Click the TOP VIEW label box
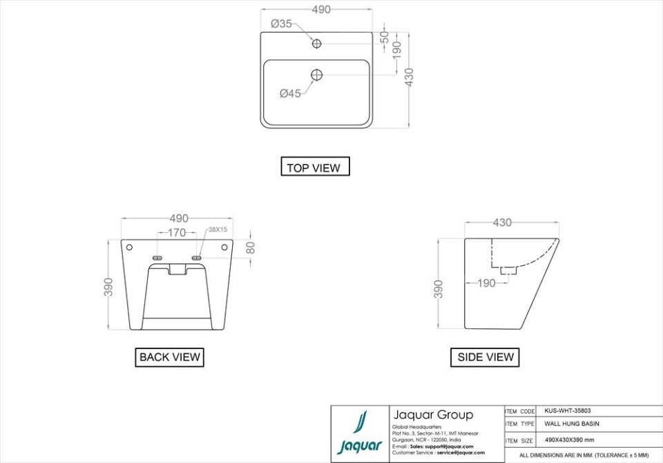tap(314, 167)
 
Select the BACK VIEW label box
tap(170, 357)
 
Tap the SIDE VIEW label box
tap(486, 357)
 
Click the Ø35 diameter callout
tap(281, 23)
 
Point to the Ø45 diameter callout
tap(290, 94)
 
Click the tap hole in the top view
tap(317, 44)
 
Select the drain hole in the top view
tap(317, 75)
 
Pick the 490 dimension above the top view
tap(321, 9)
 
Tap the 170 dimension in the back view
tap(177, 233)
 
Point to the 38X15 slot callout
tap(218, 229)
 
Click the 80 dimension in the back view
tap(251, 247)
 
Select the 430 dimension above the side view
tap(502, 223)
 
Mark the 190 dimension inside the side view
tap(486, 283)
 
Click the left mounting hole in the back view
tap(129, 247)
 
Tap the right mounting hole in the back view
tap(224, 247)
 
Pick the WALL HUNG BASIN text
tap(572, 424)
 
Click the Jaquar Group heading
tap(433, 415)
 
